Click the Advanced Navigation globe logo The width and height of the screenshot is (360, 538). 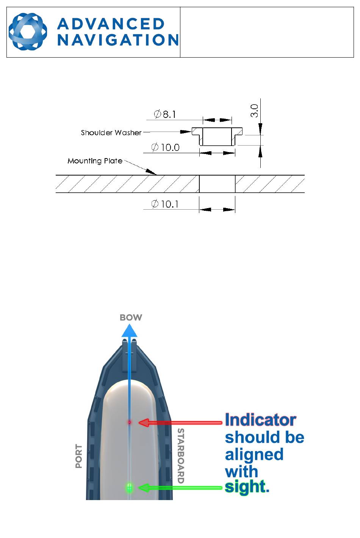pyautogui.click(x=28, y=32)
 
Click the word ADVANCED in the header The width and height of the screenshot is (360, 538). pyautogui.click(x=111, y=24)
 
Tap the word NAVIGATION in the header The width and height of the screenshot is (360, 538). pyautogui.click(x=118, y=40)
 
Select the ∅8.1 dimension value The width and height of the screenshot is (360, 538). pyautogui.click(x=165, y=114)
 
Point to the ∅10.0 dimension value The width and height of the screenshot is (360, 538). pyautogui.click(x=166, y=147)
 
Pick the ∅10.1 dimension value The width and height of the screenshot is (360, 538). pyautogui.click(x=165, y=204)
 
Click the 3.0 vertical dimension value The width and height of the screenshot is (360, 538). pyautogui.click(x=254, y=111)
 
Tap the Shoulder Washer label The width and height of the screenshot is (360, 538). pyautogui.click(x=111, y=133)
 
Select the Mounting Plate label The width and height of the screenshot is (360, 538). pyautogui.click(x=95, y=161)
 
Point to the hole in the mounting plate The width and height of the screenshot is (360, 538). pyautogui.click(x=217, y=184)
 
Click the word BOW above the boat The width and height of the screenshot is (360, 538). pyautogui.click(x=131, y=317)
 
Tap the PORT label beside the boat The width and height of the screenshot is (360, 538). pyautogui.click(x=79, y=456)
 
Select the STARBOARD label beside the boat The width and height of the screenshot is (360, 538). pyautogui.click(x=181, y=455)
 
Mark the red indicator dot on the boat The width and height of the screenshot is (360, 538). pyautogui.click(x=129, y=422)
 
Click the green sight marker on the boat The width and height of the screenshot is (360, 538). pyautogui.click(x=129, y=488)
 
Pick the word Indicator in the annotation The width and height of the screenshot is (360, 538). pyautogui.click(x=260, y=420)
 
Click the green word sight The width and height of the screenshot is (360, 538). pyautogui.click(x=246, y=487)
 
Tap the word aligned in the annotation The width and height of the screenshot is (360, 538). pyautogui.click(x=254, y=454)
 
